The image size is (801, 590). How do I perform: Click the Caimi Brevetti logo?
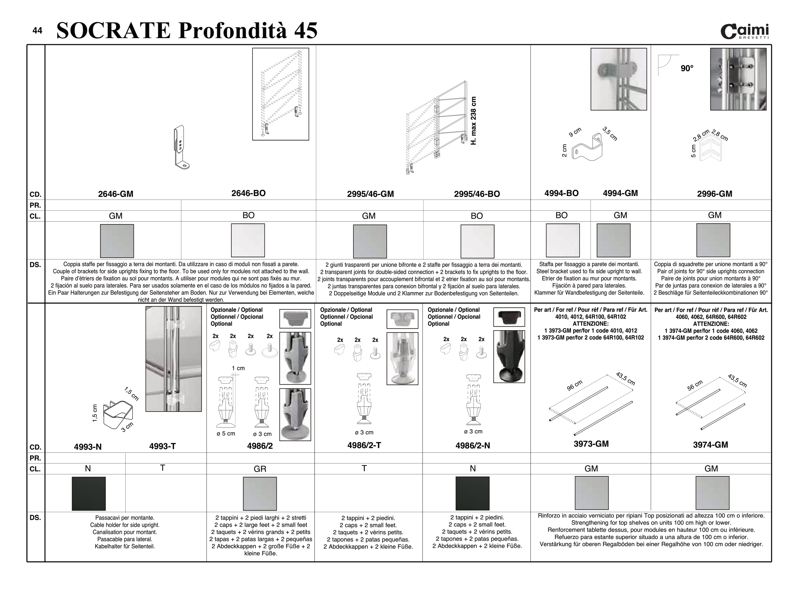745,31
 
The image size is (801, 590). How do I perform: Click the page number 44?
37,31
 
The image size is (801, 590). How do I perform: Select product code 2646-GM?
115,194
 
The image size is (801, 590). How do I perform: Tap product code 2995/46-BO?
477,194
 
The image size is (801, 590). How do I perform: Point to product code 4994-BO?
561,193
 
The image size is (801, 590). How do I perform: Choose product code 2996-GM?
714,194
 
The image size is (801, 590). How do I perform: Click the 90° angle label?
687,69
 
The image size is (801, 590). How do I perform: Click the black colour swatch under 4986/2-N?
472,493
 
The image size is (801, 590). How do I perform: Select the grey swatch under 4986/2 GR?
260,494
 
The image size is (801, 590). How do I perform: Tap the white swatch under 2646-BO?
248,240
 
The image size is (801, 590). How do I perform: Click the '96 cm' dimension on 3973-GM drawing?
574,385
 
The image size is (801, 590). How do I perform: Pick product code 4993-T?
162,446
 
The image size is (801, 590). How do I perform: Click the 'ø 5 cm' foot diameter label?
226,434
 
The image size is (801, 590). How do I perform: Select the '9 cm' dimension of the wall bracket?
575,132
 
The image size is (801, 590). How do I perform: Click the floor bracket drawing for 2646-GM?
182,147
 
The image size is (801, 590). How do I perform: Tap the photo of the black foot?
509,356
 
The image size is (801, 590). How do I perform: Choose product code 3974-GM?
710,445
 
